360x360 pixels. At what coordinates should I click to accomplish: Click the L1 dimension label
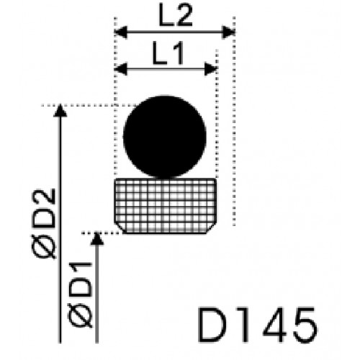[x=168, y=53]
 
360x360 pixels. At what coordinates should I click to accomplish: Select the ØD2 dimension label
[x=44, y=223]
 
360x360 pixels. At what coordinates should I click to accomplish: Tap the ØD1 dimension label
[x=81, y=294]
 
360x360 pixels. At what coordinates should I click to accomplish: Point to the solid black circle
[x=165, y=137]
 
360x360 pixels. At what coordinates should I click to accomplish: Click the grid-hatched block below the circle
[x=165, y=206]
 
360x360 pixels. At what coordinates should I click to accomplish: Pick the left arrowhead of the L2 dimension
[x=121, y=32]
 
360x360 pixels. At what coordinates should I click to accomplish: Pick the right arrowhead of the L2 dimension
[x=229, y=32]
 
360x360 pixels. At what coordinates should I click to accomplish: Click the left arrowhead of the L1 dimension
[x=120, y=69]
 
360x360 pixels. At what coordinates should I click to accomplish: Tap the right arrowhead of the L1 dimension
[x=211, y=69]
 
